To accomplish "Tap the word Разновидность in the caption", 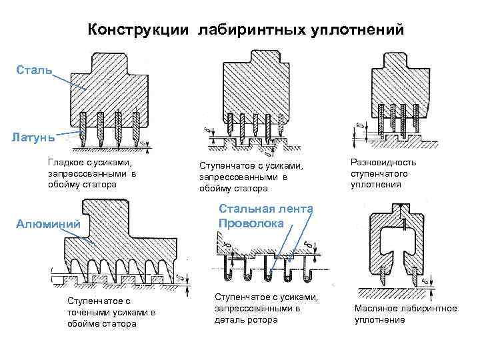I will pos(383,163).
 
